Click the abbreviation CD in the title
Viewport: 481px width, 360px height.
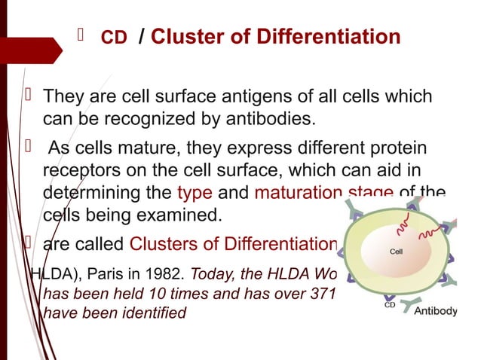[x=114, y=38]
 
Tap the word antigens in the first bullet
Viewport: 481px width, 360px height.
[x=247, y=97]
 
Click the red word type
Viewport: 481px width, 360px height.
[x=195, y=191]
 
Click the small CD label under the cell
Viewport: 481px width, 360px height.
[x=389, y=306]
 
